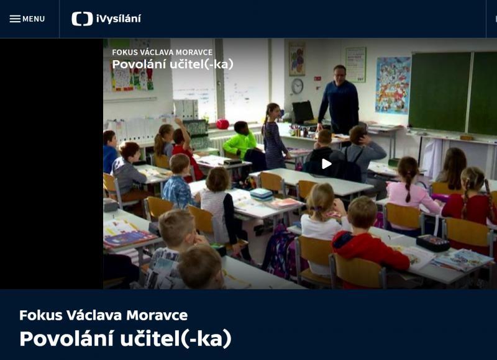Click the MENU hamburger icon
coord(15,19)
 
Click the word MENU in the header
coord(34,19)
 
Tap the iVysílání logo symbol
coord(82,19)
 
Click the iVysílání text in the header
coord(119,19)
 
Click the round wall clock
coord(297,86)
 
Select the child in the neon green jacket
coord(240,141)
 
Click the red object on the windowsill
coord(222,124)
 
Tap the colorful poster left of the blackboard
coord(393,85)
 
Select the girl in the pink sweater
coord(411,192)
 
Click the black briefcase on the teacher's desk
coord(303,112)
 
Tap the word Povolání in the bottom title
coord(66,338)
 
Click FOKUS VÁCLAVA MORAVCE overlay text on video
coord(162,52)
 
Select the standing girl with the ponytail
coord(273,136)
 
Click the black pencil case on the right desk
coord(432,243)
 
